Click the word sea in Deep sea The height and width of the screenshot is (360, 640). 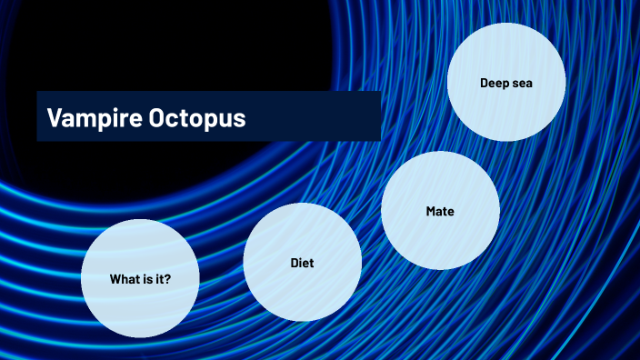click(521, 83)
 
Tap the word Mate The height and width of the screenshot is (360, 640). click(440, 211)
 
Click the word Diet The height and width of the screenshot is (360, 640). click(302, 263)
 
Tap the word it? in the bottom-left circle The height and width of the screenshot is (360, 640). click(164, 278)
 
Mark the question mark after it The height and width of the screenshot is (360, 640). click(168, 278)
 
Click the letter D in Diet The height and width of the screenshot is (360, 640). click(294, 263)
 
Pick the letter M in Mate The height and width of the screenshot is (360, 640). click(430, 211)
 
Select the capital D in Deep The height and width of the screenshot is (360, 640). click(484, 83)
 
